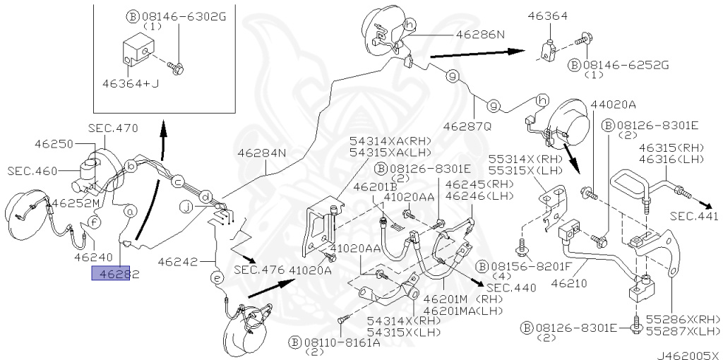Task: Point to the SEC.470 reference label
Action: pyautogui.click(x=113, y=128)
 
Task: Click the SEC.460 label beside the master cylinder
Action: pyautogui.click(x=32, y=171)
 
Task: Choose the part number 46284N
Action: pyautogui.click(x=261, y=152)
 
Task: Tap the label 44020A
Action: pyautogui.click(x=614, y=104)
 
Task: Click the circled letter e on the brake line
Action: pyautogui.click(x=217, y=280)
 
